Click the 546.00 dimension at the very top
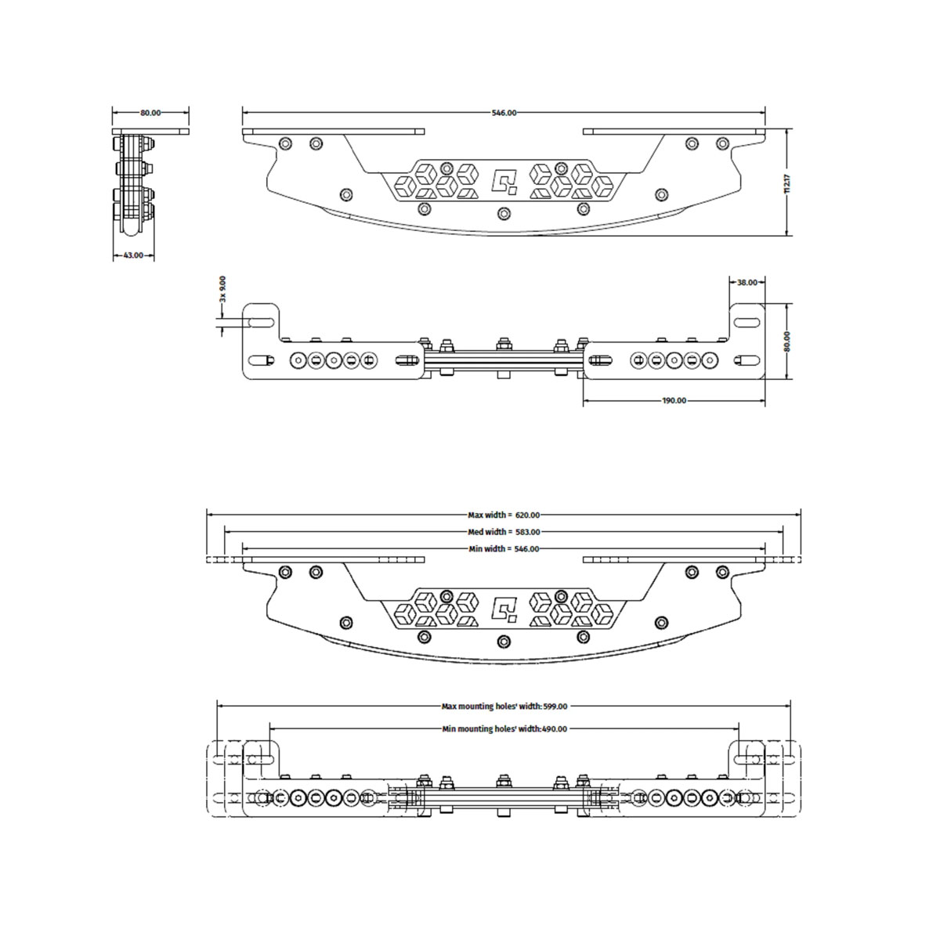[x=504, y=113]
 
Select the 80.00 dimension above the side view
[x=150, y=113]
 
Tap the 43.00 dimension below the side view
[x=133, y=255]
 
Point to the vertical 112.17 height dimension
[x=786, y=183]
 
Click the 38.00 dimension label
[x=747, y=283]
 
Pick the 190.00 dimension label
[x=674, y=400]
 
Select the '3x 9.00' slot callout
[x=223, y=289]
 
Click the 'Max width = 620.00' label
[x=504, y=515]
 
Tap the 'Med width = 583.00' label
[x=504, y=532]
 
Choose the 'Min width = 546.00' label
[x=504, y=549]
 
